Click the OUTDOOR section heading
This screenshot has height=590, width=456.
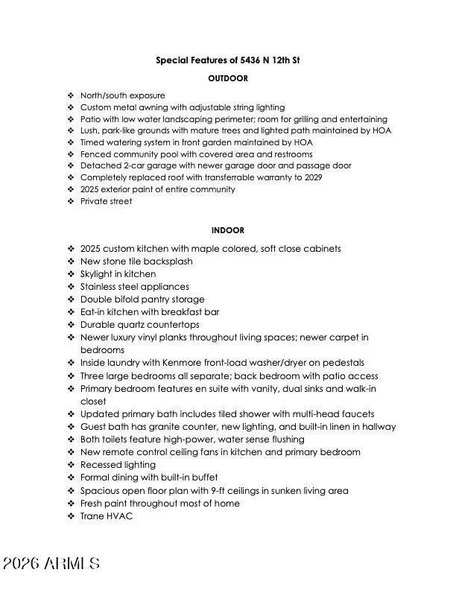[x=227, y=78]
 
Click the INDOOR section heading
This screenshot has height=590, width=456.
[x=227, y=231]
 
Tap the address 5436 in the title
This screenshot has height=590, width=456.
[x=237, y=60]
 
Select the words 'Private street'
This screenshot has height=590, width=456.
[x=106, y=201]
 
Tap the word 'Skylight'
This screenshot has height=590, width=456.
[x=97, y=274]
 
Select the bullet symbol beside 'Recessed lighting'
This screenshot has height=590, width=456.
[x=70, y=465]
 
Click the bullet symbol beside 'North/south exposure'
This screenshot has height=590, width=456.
[x=70, y=95]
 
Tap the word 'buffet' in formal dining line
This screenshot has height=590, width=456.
[x=202, y=478]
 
